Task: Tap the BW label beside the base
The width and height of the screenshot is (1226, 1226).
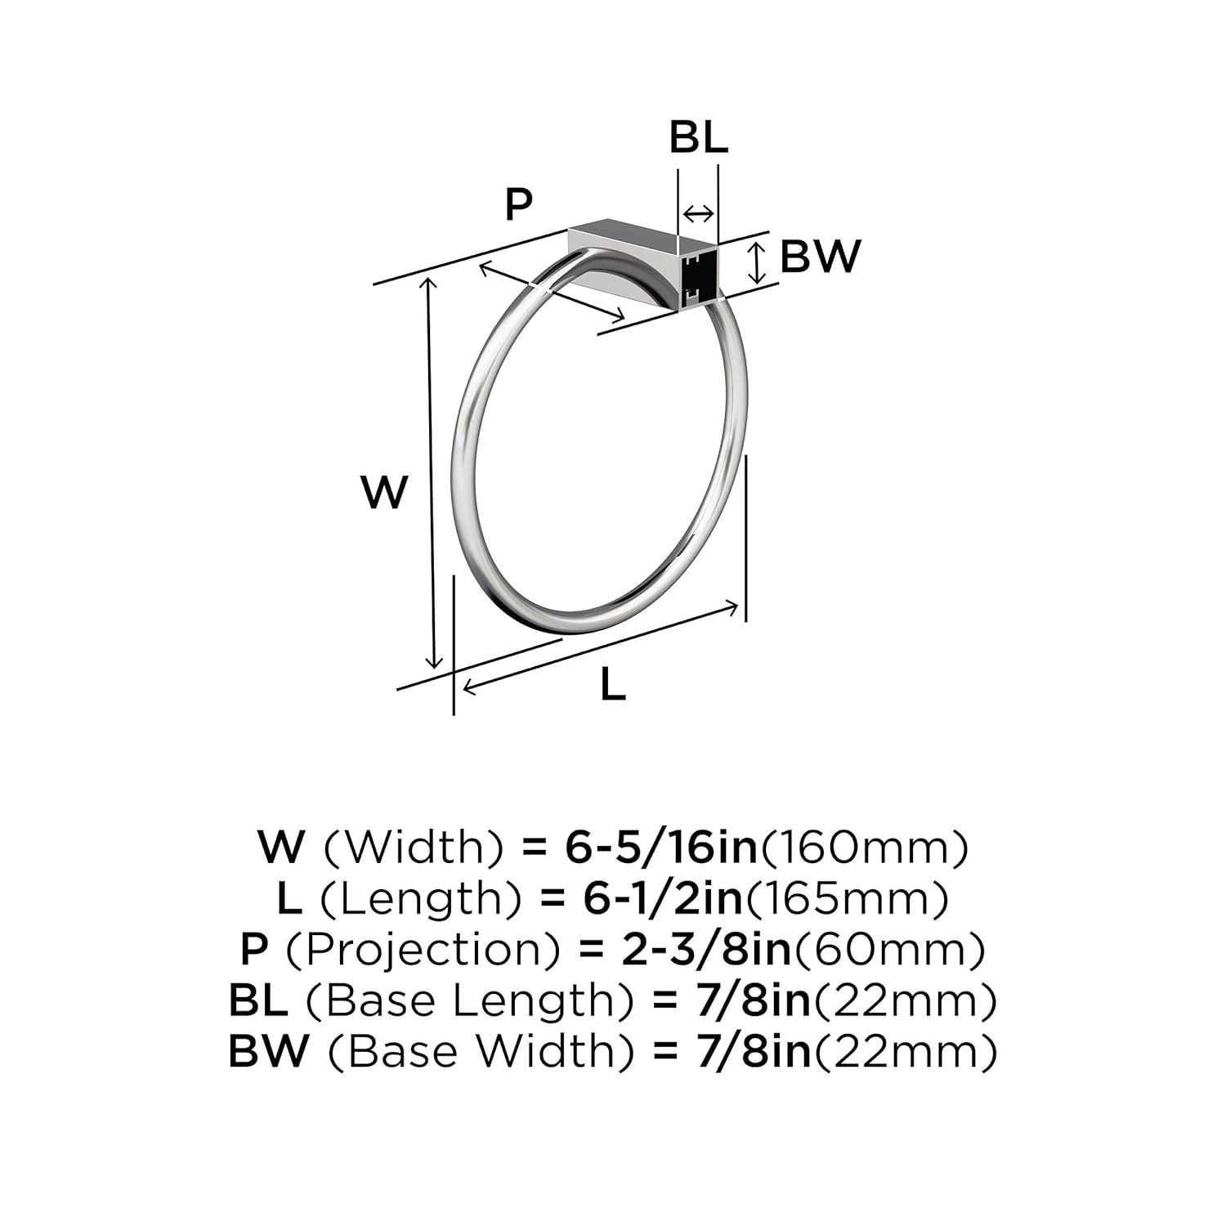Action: click(x=820, y=257)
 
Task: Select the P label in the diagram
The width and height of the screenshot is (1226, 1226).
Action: click(x=518, y=204)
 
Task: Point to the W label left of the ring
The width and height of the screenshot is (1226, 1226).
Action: click(x=384, y=493)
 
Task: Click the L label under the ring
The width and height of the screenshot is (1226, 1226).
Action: click(x=613, y=684)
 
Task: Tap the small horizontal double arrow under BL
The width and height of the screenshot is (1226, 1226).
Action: click(x=698, y=214)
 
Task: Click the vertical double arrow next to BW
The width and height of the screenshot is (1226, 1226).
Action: click(x=759, y=262)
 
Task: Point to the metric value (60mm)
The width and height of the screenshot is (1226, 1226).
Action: click(x=890, y=950)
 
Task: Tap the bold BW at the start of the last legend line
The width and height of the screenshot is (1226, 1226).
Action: click(x=269, y=1052)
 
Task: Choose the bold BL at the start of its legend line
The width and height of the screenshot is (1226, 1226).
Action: click(x=257, y=1001)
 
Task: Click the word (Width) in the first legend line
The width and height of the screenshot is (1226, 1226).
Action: click(x=414, y=848)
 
